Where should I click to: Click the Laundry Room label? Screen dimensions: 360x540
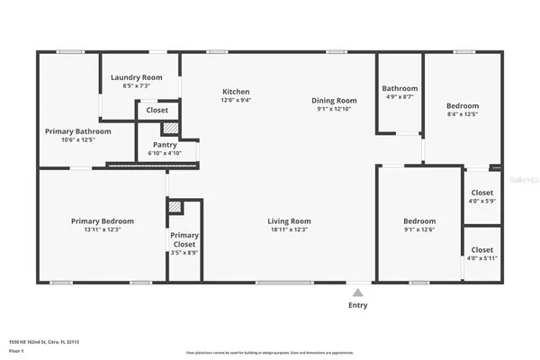(x=136, y=78)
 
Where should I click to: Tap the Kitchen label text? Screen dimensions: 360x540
(x=236, y=92)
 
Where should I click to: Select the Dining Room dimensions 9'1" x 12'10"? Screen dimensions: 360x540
(x=334, y=110)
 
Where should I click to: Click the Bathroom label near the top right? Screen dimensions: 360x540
(x=400, y=88)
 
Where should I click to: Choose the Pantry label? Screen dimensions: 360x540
(x=165, y=144)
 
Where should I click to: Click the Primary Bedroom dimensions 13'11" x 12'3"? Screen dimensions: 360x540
(x=103, y=230)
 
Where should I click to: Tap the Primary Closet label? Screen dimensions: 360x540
(x=184, y=239)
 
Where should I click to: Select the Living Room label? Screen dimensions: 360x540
(x=289, y=221)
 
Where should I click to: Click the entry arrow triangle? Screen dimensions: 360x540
(x=358, y=292)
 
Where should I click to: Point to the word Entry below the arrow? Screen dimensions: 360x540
(x=358, y=306)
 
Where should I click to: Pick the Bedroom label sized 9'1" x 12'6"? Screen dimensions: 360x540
(x=419, y=221)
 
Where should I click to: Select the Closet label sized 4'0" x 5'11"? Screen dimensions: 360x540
(x=482, y=250)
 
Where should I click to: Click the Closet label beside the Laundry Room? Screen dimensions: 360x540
(x=157, y=110)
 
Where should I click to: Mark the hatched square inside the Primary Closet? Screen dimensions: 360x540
(x=175, y=207)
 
